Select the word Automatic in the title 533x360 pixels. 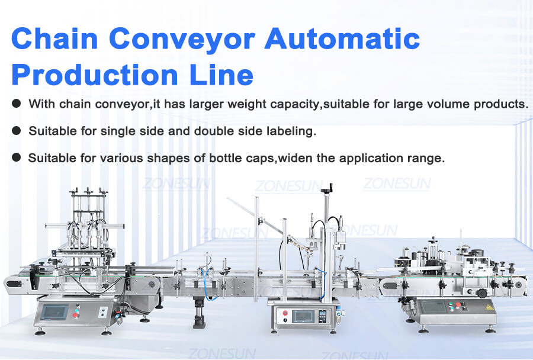click(x=342, y=39)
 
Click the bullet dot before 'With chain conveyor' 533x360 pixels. click(x=16, y=104)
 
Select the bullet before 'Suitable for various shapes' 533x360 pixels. click(x=16, y=158)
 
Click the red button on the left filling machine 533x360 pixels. click(x=76, y=313)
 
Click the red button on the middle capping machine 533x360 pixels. click(x=284, y=313)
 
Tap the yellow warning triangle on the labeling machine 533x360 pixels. click(x=489, y=308)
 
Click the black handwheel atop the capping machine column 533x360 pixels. click(x=324, y=191)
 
